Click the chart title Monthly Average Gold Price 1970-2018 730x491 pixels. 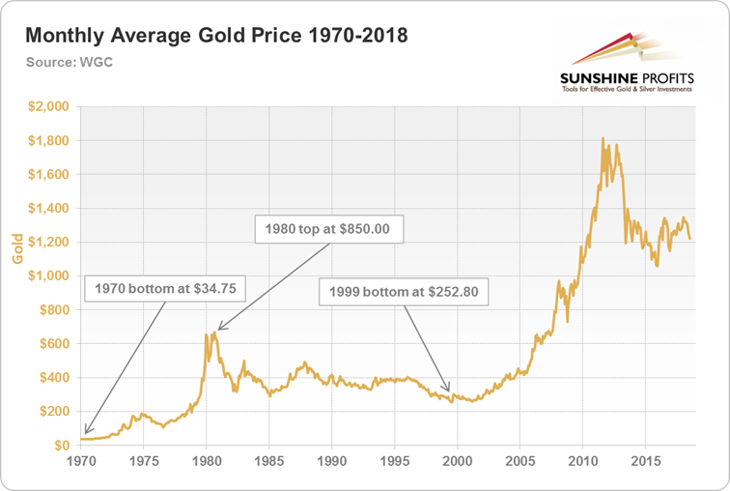click(215, 36)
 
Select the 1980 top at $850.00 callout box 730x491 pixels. click(328, 229)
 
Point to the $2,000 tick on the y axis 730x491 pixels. click(49, 106)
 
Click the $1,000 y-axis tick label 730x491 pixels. click(49, 276)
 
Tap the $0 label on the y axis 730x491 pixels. click(59, 446)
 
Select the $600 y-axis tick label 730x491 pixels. click(54, 344)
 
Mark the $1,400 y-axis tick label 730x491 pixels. click(49, 209)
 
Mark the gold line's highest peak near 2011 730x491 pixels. click(603, 138)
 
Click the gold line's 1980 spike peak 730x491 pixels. click(207, 334)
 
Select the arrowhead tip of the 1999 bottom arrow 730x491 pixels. click(449, 391)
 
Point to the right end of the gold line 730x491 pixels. click(689, 239)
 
